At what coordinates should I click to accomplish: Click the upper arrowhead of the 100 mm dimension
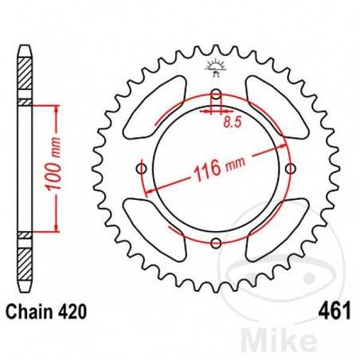tap(57, 110)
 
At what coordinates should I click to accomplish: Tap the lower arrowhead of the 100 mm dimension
tap(57, 229)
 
